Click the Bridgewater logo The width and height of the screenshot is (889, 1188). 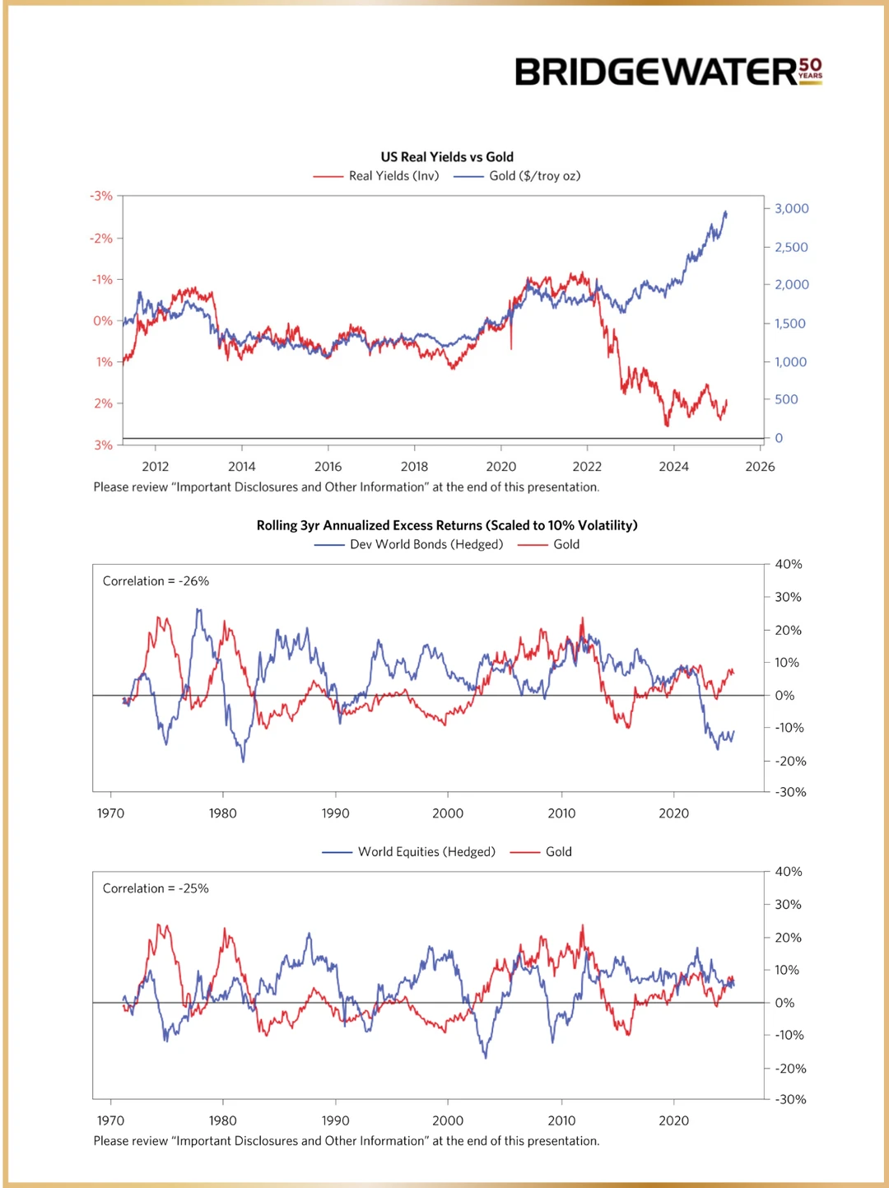pyautogui.click(x=656, y=72)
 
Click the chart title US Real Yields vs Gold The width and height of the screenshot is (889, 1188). pyautogui.click(x=447, y=156)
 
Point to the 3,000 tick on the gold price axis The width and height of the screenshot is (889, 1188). pyautogui.click(x=791, y=208)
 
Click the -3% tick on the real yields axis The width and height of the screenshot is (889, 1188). pyautogui.click(x=102, y=196)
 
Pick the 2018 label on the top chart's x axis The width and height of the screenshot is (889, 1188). pyautogui.click(x=414, y=466)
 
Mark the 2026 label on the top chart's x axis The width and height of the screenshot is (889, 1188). pyautogui.click(x=760, y=466)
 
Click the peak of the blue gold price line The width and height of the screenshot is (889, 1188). pyautogui.click(x=725, y=212)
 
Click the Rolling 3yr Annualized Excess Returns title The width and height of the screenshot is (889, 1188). pyautogui.click(x=447, y=525)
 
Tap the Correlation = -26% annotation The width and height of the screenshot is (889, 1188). pyautogui.click(x=156, y=581)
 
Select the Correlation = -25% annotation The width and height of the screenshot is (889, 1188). pyautogui.click(x=156, y=888)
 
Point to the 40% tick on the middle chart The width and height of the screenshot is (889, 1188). pyautogui.click(x=788, y=564)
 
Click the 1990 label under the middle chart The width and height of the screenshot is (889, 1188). pyautogui.click(x=335, y=813)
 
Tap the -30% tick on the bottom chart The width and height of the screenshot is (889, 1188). pyautogui.click(x=790, y=1099)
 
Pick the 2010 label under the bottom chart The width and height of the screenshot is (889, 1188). pyautogui.click(x=561, y=1120)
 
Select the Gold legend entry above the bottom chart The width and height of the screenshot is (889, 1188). pyautogui.click(x=557, y=851)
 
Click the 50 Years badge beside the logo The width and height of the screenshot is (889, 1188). pyautogui.click(x=810, y=70)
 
